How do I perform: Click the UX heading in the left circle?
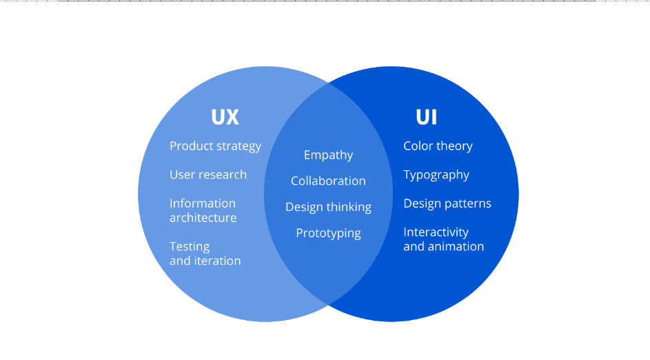(225, 117)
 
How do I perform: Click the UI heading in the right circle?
(426, 117)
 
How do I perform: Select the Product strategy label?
(215, 146)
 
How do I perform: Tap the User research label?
(208, 174)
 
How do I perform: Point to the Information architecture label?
(203, 210)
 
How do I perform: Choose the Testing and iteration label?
(205, 253)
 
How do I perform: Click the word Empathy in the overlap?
(328, 155)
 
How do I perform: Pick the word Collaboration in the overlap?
(328, 181)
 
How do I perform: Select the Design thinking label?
(328, 207)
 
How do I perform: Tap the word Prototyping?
(328, 234)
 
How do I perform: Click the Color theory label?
(438, 146)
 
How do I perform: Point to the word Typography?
(436, 175)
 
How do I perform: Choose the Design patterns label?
(447, 203)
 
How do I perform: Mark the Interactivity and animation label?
(444, 239)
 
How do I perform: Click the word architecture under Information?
(203, 218)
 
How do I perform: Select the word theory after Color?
(454, 147)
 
